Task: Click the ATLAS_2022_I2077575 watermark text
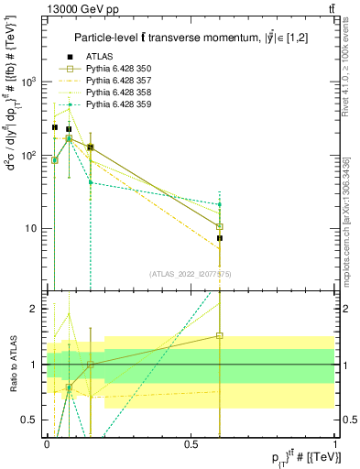pyautogui.click(x=191, y=273)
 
